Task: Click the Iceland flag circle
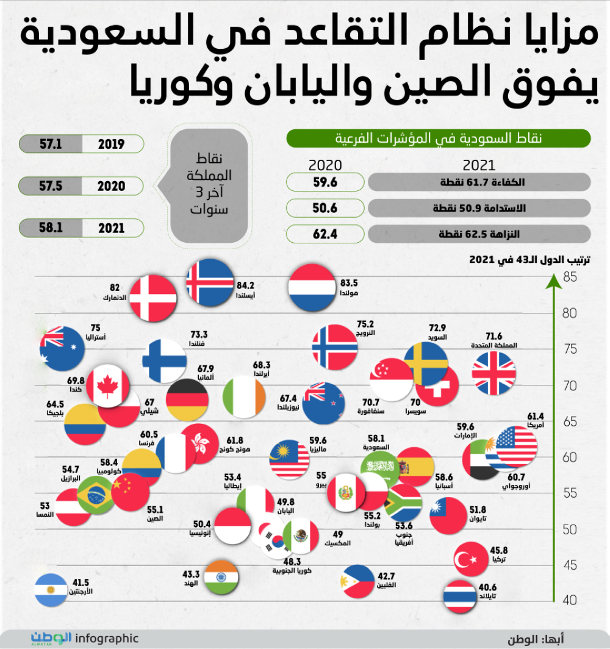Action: pos(210,282)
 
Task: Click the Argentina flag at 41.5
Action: pos(51,590)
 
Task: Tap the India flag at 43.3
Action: pos(220,576)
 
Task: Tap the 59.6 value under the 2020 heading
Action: pos(326,182)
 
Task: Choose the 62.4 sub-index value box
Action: pos(326,234)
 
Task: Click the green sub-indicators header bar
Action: pos(439,138)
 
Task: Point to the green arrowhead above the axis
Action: pos(552,281)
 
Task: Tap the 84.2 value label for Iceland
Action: pos(245,285)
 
